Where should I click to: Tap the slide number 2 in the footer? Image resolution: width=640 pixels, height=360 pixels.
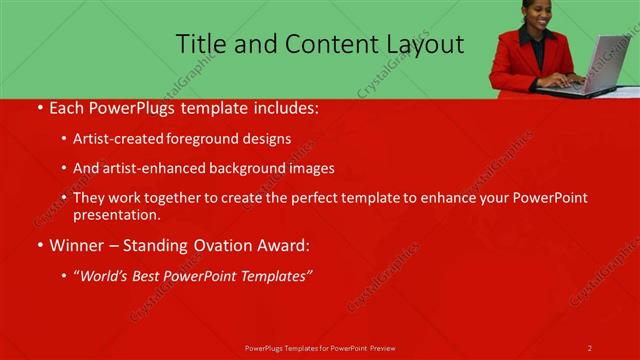[590, 348]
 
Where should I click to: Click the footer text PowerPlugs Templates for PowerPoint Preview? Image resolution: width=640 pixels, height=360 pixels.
[320, 348]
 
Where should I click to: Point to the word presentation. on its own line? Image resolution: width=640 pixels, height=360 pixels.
[117, 214]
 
